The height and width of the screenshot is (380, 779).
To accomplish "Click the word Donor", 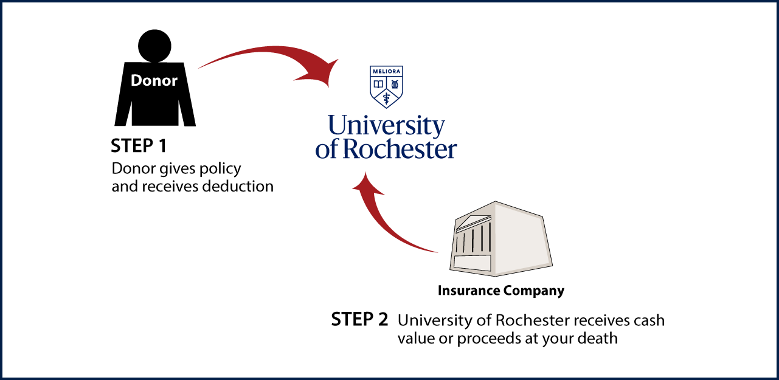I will (154, 81).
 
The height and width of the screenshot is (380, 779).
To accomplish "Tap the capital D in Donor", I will (136, 81).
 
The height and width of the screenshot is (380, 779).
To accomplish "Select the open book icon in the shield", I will (378, 83).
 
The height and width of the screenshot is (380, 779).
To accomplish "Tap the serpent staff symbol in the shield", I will (386, 97).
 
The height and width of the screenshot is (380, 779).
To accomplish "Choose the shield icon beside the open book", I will (394, 83).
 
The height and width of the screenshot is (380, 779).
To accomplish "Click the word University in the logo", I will (386, 125).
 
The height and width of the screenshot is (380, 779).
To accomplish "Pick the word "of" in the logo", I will (327, 150).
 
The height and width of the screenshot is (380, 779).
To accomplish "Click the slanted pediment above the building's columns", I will (473, 221).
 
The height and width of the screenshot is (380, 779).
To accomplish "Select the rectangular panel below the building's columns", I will (472, 263).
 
